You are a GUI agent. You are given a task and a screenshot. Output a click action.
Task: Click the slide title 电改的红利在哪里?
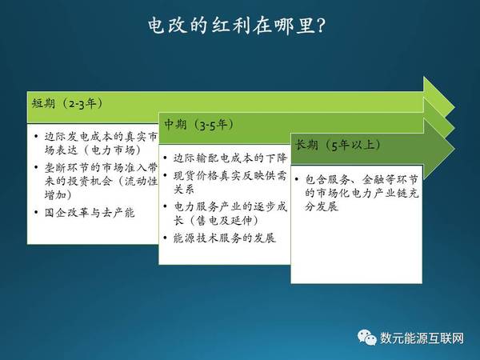point(236,25)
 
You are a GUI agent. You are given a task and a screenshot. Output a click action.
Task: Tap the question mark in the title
point(320,26)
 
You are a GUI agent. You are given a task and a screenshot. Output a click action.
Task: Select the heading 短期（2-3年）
point(68,103)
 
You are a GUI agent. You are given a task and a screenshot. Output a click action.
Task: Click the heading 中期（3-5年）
point(199,124)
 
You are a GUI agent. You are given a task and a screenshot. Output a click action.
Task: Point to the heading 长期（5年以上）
point(338,145)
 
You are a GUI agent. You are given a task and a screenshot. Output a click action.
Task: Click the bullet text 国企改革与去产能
point(90,213)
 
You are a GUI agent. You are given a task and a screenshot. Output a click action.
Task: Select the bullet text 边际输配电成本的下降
point(230,158)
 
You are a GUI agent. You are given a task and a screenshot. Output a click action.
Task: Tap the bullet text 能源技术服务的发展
point(225,238)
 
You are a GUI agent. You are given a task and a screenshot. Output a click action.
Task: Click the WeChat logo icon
point(366,338)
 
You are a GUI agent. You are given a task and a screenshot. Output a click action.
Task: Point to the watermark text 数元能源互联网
point(422,338)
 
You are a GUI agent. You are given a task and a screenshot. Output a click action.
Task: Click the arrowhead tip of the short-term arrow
point(454,107)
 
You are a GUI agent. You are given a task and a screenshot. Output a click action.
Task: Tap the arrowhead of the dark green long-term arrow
point(454,149)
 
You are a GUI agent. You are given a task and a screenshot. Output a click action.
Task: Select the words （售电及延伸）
point(223,221)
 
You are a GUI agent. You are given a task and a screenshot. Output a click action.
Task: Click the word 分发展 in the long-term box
point(322,206)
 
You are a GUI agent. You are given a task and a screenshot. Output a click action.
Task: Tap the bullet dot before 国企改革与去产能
point(37,213)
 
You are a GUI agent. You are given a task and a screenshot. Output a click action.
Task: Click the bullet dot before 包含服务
point(297,179)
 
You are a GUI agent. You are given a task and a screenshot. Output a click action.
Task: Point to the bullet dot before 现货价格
point(166,175)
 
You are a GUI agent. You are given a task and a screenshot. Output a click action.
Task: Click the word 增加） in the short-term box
point(58,194)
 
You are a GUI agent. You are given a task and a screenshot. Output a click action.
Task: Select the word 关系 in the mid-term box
point(184,189)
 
